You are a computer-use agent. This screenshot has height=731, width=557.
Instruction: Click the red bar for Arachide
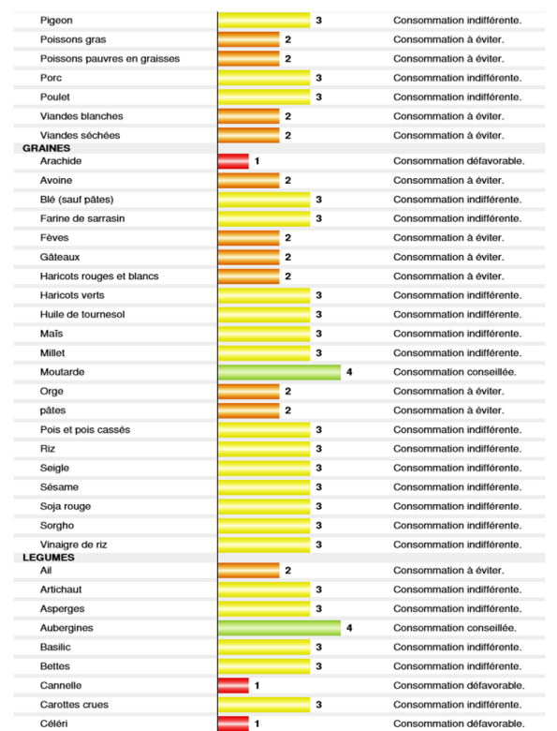coord(233,161)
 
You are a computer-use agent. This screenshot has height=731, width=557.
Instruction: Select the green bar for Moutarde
coord(279,372)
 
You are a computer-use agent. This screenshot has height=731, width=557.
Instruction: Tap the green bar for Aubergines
coord(279,628)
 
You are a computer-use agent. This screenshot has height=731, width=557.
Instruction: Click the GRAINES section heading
coord(47,148)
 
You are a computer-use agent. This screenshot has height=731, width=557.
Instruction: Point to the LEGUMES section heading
coord(49,558)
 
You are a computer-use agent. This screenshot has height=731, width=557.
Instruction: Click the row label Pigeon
coord(56,21)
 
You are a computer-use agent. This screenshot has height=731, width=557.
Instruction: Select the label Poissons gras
coord(73,39)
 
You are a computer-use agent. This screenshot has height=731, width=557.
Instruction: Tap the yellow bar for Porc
coord(264,78)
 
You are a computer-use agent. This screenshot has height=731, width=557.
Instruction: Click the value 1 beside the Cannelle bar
coord(257,685)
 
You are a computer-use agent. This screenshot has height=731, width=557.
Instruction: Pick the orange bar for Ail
coord(249,570)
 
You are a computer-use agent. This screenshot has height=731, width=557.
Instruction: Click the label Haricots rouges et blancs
coord(99,276)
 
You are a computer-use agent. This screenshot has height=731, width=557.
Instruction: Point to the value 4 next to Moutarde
coord(349,372)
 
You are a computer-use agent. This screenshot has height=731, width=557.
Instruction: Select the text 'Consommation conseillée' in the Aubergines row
coord(455,628)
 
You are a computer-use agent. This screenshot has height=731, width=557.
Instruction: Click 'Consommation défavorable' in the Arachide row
coord(459,161)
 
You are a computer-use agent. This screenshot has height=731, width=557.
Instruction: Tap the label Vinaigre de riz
coord(74,545)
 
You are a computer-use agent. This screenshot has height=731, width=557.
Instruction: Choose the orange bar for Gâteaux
coord(249,257)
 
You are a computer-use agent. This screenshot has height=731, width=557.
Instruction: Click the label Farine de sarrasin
coord(82,218)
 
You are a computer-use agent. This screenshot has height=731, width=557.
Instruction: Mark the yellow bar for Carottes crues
coord(264,705)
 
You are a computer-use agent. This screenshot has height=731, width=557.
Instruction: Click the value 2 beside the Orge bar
coord(287,391)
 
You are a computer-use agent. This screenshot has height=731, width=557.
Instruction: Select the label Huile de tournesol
coord(82,314)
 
